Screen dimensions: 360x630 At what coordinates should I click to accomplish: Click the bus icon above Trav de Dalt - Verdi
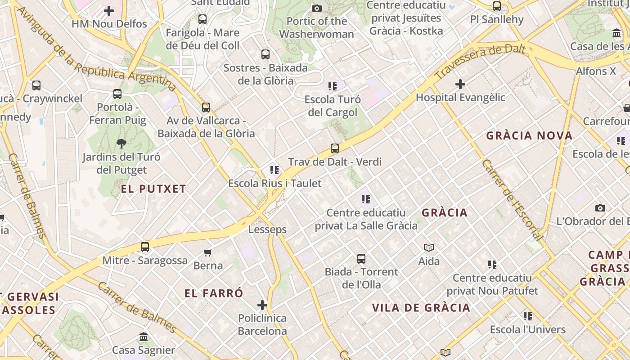click(334, 148)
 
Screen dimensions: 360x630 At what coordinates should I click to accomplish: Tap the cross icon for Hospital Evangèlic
click(460, 84)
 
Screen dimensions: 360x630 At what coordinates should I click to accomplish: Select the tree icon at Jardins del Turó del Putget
click(121, 144)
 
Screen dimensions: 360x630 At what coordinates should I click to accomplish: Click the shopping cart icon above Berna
click(208, 252)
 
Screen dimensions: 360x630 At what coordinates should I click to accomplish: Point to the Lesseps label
click(267, 229)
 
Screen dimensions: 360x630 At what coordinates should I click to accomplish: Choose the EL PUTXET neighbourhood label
click(153, 189)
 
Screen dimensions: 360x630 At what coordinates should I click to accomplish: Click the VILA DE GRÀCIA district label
click(421, 308)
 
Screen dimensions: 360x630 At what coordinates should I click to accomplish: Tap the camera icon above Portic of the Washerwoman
click(317, 8)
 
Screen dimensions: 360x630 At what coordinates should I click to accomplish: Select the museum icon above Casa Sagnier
click(144, 337)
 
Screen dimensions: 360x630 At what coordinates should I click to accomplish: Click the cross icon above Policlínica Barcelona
click(262, 305)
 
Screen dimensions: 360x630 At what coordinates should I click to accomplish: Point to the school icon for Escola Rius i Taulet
click(274, 170)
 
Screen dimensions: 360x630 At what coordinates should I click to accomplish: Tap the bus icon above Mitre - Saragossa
click(144, 247)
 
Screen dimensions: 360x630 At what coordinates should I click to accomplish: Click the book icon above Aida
click(429, 247)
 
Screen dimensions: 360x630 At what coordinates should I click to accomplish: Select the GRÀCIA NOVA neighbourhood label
click(529, 135)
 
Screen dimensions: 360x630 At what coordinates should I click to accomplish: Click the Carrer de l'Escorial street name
click(512, 199)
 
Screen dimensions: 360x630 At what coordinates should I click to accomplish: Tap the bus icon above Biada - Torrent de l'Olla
click(361, 259)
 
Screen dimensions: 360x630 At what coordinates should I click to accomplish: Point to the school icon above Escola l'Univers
click(527, 316)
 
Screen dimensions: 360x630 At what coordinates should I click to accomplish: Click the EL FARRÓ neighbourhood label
click(214, 293)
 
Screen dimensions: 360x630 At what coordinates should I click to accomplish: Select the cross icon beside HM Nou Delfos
click(109, 10)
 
